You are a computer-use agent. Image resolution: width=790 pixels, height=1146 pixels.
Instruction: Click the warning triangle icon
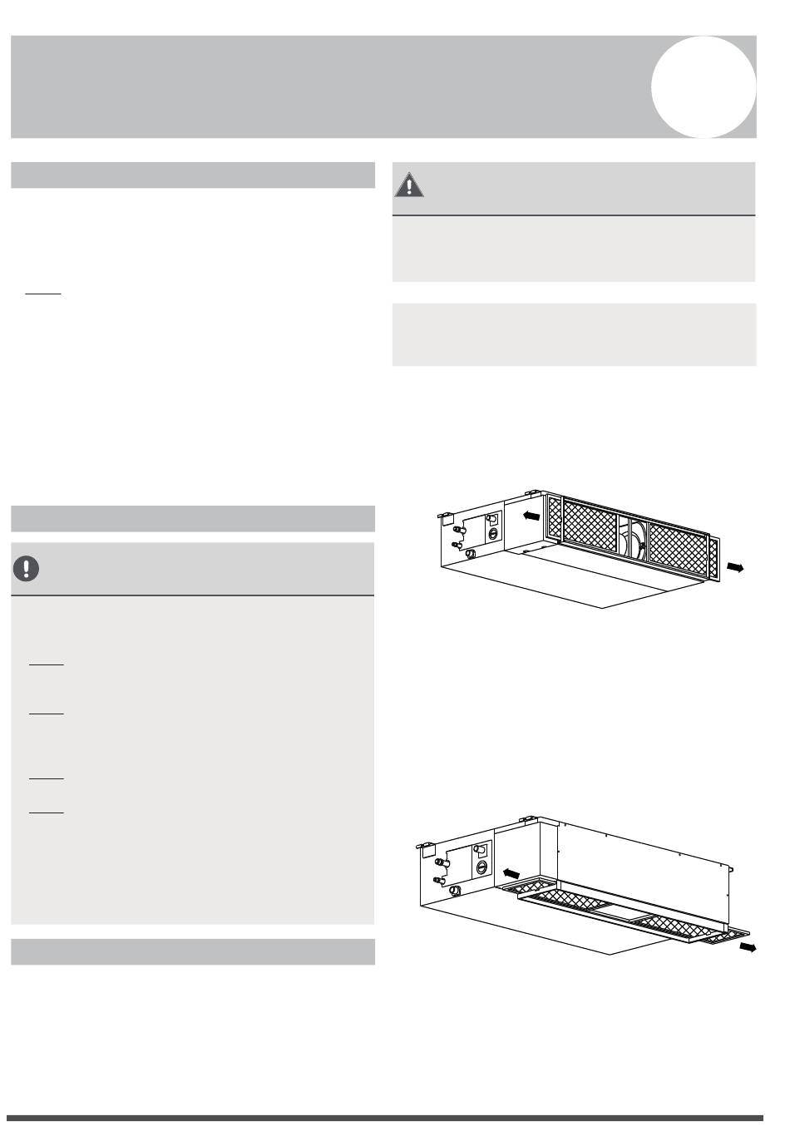pos(408,185)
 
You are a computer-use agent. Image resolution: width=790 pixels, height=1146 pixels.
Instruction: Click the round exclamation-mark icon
pos(27,568)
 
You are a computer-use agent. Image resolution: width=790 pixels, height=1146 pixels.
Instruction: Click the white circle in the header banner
pos(703,86)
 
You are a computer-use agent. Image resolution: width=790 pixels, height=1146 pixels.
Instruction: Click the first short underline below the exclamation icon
pos(47,664)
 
